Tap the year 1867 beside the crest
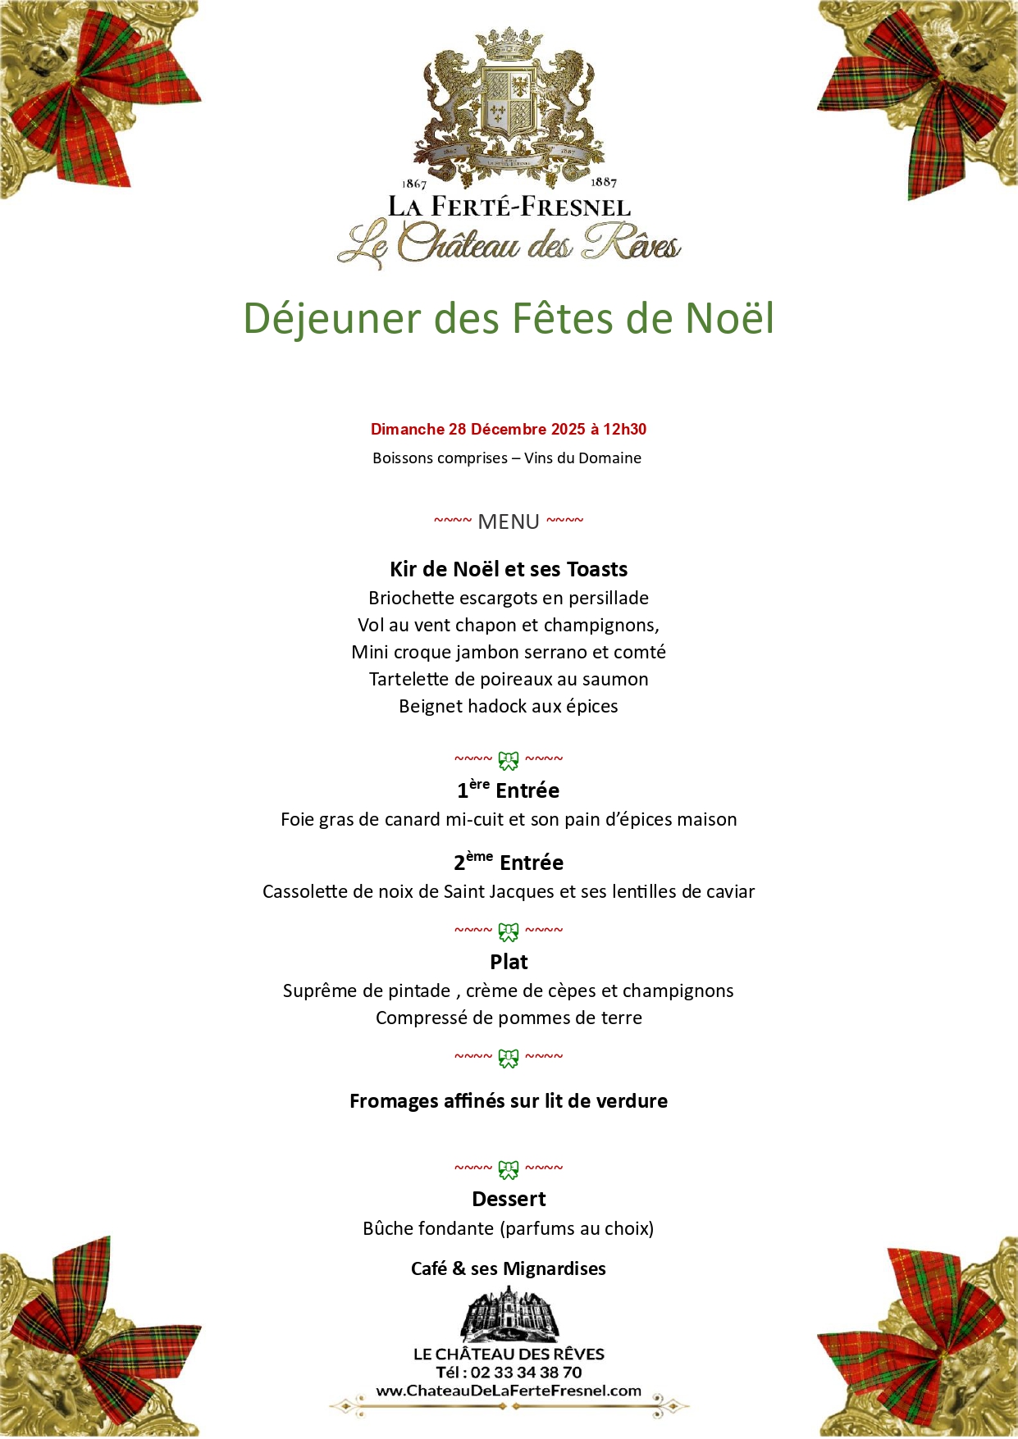tap(414, 184)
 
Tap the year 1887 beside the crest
tap(604, 182)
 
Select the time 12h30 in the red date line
tap(625, 429)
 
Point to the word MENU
tap(509, 521)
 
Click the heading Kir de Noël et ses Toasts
tap(509, 569)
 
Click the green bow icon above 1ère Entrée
tap(509, 761)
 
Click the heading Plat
tap(509, 962)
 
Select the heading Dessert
tap(509, 1199)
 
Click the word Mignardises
tap(555, 1268)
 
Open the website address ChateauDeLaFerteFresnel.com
tap(509, 1391)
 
